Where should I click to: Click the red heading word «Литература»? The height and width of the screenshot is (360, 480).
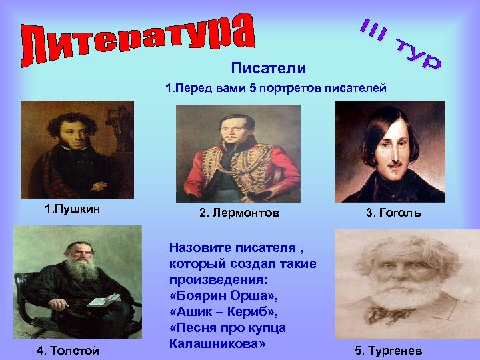click(x=137, y=39)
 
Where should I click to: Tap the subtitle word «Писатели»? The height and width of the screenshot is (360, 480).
click(x=269, y=68)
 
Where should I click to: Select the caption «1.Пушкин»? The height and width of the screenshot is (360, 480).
click(x=72, y=209)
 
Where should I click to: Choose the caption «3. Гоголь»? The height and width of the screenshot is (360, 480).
click(x=393, y=213)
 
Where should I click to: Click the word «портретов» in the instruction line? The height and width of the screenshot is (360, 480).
click(x=296, y=88)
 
